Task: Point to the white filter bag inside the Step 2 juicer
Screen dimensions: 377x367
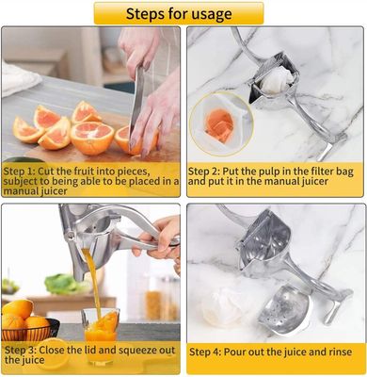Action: (x=273, y=79)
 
